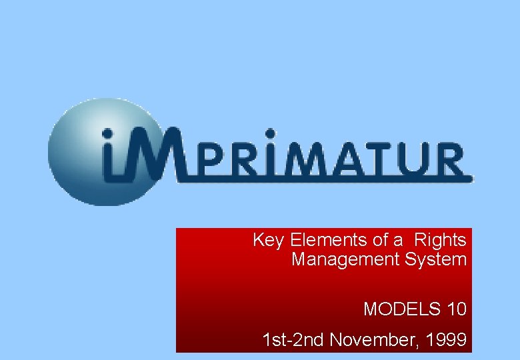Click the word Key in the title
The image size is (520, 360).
269,240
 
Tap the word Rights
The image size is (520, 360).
440,240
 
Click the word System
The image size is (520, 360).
434,259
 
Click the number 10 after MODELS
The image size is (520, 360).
457,309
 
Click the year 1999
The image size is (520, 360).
447,341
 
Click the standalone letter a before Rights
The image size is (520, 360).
398,240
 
